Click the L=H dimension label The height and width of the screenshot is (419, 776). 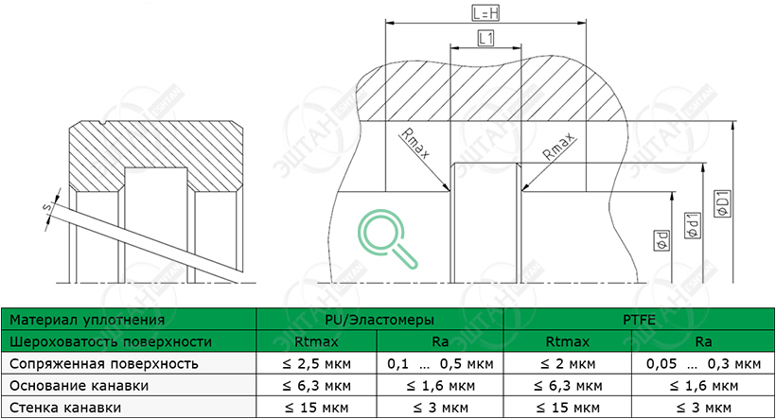click(x=485, y=13)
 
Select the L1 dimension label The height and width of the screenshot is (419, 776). click(x=485, y=38)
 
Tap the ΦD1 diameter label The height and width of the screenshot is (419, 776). click(x=723, y=203)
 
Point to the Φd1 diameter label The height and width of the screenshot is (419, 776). click(x=693, y=225)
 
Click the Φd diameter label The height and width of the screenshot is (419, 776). click(x=662, y=240)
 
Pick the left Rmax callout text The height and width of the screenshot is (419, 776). click(x=414, y=144)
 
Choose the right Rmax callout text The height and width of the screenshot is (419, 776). click(x=558, y=146)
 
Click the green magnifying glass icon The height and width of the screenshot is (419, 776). click(x=387, y=239)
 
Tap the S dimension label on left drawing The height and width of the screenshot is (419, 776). click(x=48, y=207)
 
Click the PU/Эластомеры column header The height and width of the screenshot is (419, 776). click(x=379, y=320)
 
